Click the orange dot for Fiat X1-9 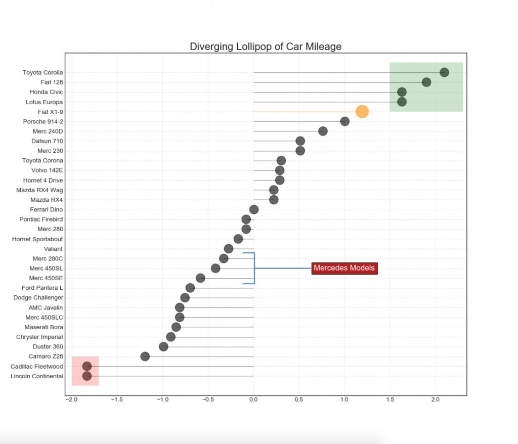click(x=362, y=112)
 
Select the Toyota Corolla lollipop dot click(x=444, y=72)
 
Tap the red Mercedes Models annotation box click(x=344, y=268)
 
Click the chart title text click(x=266, y=47)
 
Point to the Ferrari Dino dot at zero click(x=254, y=209)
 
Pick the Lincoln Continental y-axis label click(x=37, y=376)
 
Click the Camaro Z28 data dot click(x=145, y=357)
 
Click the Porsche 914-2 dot click(x=345, y=121)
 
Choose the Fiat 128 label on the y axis click(x=52, y=82)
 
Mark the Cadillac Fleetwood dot click(x=87, y=366)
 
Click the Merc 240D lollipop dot click(x=323, y=131)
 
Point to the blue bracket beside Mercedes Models click(x=254, y=268)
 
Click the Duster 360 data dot click(x=163, y=347)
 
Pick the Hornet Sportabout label click(x=37, y=239)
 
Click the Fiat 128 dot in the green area click(x=426, y=82)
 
